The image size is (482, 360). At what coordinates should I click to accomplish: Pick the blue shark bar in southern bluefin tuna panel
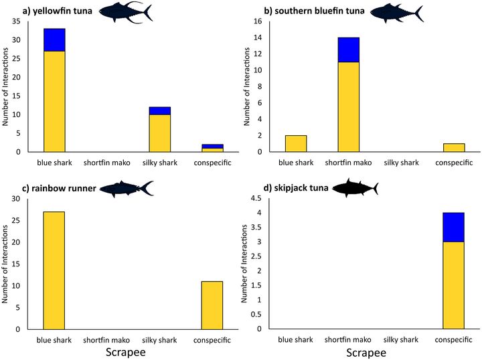click(296, 143)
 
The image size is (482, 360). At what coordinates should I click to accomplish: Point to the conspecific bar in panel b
click(454, 147)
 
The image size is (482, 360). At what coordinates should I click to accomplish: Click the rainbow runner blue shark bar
click(54, 270)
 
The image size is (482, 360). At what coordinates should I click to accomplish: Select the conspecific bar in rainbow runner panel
click(212, 305)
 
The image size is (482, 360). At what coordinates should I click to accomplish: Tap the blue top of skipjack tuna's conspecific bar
click(454, 227)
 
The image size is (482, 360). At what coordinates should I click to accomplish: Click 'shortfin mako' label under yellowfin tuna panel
click(107, 162)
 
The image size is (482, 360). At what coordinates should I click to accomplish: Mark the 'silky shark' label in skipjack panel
click(401, 340)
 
